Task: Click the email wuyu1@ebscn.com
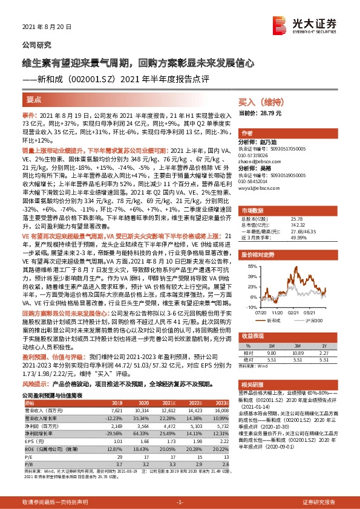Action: pyautogui.click(x=258, y=189)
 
